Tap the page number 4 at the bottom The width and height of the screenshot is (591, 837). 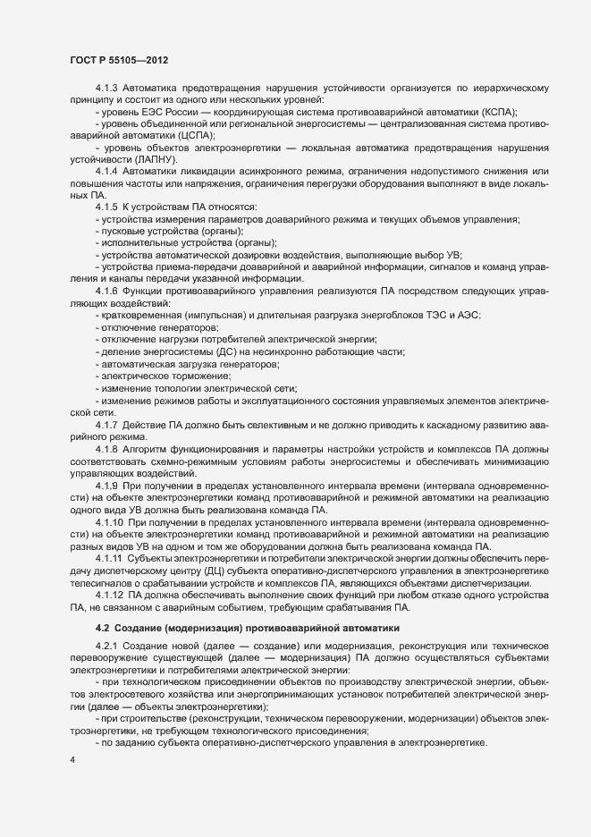point(72,759)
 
